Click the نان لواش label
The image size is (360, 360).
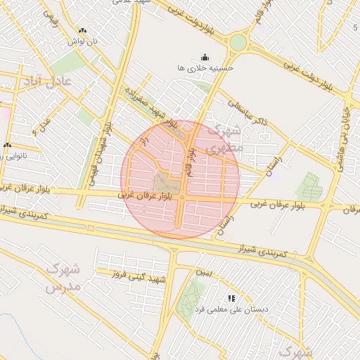[82, 41]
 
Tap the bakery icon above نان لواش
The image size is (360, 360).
[82, 31]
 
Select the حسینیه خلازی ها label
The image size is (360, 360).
[205, 68]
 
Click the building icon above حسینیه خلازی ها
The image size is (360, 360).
[205, 57]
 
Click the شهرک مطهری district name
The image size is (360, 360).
[229, 139]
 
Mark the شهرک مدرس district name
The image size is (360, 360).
[64, 278]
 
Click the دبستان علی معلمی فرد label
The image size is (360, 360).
[233, 309]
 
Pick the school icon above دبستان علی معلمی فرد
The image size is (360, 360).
[232, 298]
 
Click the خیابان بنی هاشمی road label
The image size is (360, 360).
[344, 131]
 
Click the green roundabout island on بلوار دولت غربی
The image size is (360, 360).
[238, 43]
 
